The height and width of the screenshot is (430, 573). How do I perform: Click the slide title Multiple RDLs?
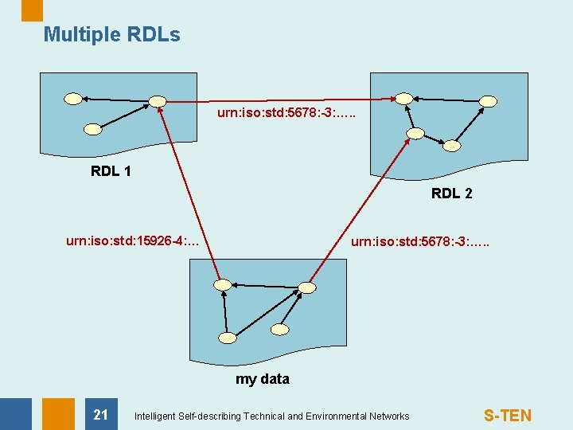point(111,35)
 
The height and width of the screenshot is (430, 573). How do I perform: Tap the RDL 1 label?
point(111,171)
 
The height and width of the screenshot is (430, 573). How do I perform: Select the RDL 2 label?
point(451,193)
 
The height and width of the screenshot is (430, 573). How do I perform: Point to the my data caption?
point(262,379)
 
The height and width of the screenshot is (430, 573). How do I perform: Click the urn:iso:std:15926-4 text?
point(132,240)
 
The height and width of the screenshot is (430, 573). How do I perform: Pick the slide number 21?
point(100,415)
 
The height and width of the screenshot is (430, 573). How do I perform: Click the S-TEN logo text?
point(508,416)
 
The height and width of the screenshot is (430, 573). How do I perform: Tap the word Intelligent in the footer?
point(156,416)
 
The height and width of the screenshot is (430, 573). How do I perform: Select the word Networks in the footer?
point(388,416)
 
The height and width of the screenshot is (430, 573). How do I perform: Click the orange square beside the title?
point(32,10)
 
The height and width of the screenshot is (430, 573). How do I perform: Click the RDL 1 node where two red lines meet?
point(158,101)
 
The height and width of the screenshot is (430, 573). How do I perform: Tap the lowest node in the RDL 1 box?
point(93,129)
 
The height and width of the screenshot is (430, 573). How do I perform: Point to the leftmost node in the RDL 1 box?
point(73,100)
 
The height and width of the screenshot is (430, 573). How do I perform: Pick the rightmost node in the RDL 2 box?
point(489,102)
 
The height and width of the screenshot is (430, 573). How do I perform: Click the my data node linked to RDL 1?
point(223,284)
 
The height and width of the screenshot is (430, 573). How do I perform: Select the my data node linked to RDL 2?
point(308,287)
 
